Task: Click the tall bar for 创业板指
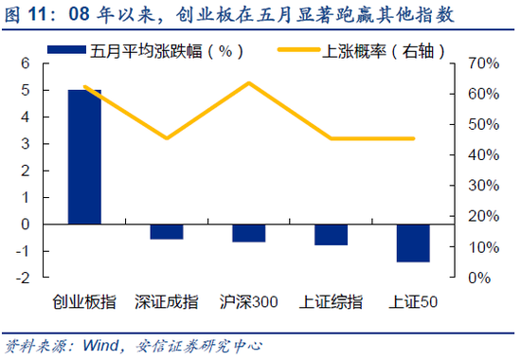point(84,157)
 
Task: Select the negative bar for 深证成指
point(167,232)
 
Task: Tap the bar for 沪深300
point(249,233)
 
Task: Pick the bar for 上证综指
point(331,235)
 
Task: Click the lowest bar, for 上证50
point(413,243)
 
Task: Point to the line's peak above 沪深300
point(249,82)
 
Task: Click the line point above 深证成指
point(167,138)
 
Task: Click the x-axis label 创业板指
point(84,302)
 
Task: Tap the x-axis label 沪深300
point(249,302)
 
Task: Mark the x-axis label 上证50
point(413,302)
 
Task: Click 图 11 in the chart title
point(27,15)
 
